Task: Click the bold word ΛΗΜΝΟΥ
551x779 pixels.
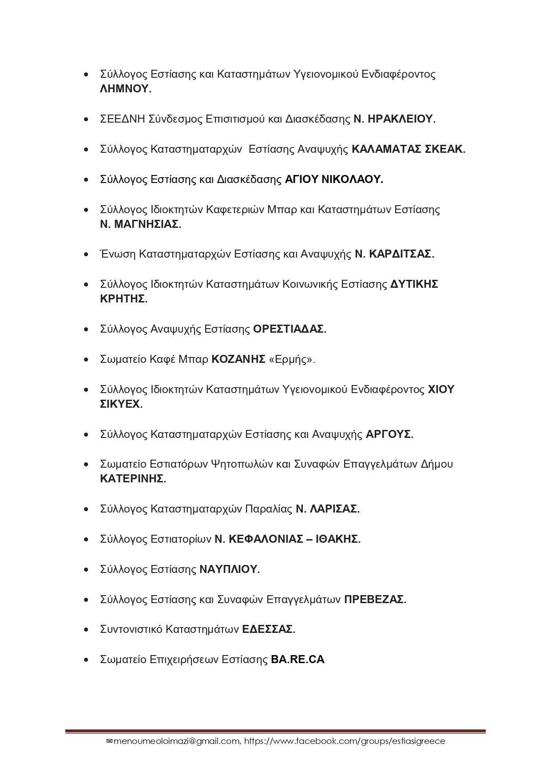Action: point(124,89)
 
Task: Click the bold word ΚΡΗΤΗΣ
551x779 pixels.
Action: point(123,299)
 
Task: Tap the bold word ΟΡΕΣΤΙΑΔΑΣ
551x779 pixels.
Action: point(289,329)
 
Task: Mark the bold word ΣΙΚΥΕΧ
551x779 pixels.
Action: point(120,404)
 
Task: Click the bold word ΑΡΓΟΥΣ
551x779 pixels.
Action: point(389,434)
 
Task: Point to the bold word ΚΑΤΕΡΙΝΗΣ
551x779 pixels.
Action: point(132,479)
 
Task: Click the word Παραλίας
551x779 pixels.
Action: point(269,509)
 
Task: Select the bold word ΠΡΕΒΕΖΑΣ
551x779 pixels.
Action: point(374,600)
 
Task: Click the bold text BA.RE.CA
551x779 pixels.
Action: point(297,660)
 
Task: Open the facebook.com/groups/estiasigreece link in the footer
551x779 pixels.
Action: point(345,741)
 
